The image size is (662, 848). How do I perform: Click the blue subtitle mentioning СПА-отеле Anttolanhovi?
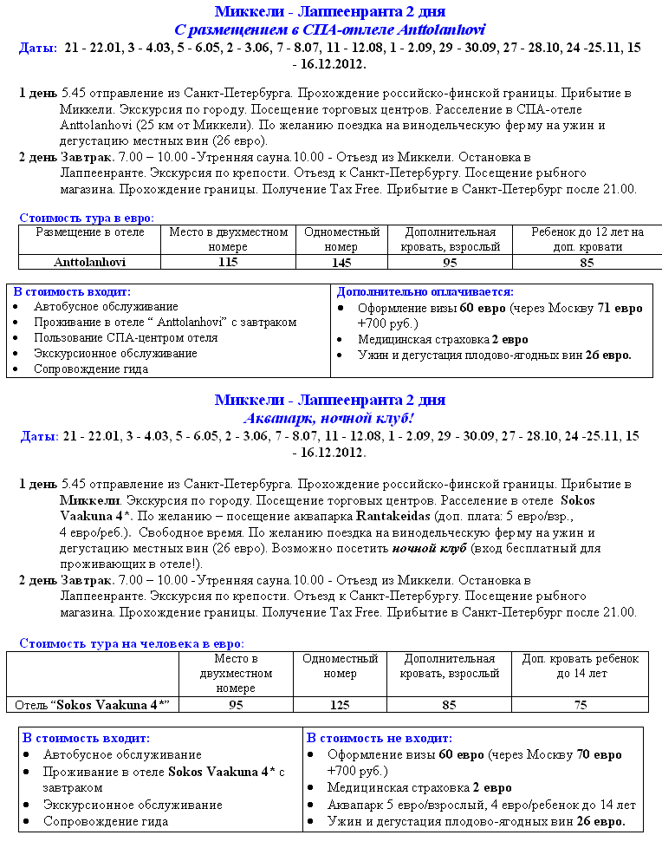tap(329, 29)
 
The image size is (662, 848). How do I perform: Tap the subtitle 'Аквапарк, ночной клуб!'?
tap(329, 417)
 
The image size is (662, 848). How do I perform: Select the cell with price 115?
tap(228, 261)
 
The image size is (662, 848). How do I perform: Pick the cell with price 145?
tap(340, 261)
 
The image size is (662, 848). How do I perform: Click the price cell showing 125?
tap(340, 705)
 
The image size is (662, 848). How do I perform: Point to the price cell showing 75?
tap(580, 705)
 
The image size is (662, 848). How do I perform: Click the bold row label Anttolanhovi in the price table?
tap(89, 261)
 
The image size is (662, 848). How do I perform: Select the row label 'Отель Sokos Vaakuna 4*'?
tap(91, 705)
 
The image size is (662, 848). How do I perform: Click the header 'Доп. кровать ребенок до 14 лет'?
tap(580, 666)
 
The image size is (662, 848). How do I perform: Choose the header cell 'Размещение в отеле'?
tap(89, 232)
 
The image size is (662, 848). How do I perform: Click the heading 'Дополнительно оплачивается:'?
tap(425, 292)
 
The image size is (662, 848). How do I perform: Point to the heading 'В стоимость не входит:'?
tap(380, 738)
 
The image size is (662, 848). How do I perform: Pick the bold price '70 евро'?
tap(598, 754)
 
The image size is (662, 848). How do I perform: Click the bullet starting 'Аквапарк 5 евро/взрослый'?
tap(481, 804)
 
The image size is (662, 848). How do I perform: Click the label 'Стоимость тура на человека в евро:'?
tap(132, 643)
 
